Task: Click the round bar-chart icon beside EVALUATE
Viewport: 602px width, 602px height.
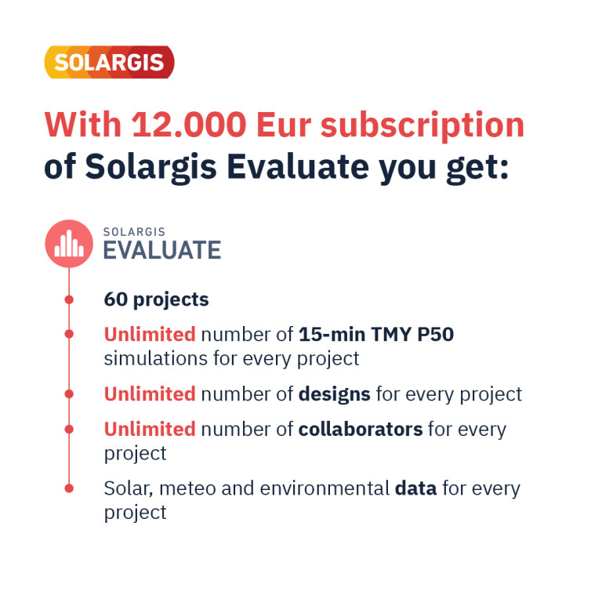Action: pos(69,243)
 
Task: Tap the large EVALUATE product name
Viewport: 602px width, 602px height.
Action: pos(162,249)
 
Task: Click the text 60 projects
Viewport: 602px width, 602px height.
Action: pos(156,299)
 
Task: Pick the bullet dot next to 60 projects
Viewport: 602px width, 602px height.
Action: pos(69,299)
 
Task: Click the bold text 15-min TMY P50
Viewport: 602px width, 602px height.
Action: pos(376,335)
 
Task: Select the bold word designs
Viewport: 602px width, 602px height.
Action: pos(335,393)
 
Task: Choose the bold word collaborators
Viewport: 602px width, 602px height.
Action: pos(361,429)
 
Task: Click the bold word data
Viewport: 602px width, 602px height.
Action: pos(415,488)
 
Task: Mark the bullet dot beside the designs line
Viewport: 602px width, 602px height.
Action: pos(69,393)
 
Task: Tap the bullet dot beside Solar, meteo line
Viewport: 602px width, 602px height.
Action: pos(69,488)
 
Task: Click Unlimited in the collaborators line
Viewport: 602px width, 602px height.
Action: pos(150,429)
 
